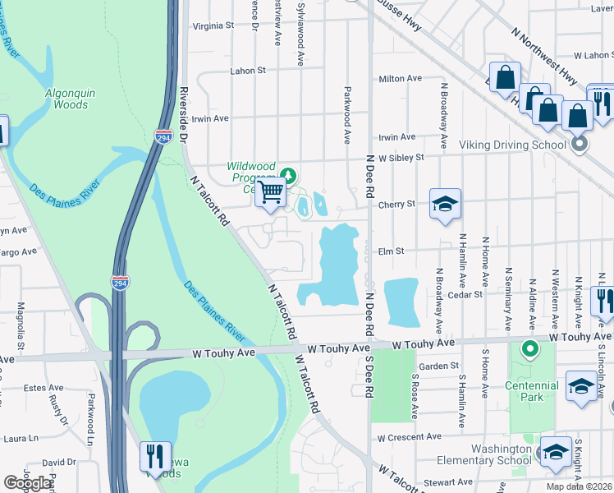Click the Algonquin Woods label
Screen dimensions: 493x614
(x=66, y=98)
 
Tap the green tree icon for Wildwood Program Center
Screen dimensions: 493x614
(x=288, y=175)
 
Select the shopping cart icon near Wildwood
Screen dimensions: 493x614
(x=271, y=194)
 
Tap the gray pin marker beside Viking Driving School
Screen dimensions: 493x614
(x=580, y=145)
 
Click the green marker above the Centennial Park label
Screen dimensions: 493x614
(x=529, y=351)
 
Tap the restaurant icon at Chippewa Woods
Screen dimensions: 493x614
(x=152, y=456)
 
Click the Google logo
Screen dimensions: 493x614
(x=28, y=483)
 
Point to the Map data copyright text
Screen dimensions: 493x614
(x=579, y=486)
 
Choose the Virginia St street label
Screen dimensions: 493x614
(x=213, y=25)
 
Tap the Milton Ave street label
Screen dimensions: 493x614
(x=400, y=79)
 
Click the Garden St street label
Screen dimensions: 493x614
(x=438, y=366)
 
